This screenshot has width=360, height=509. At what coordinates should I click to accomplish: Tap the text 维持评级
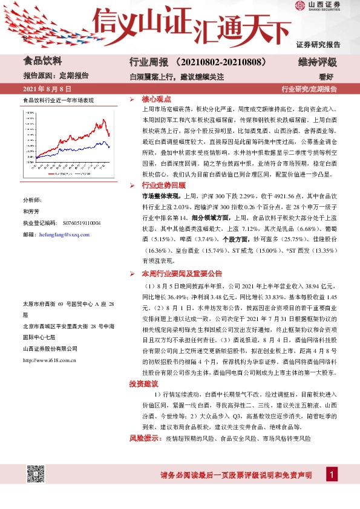click(x=317, y=62)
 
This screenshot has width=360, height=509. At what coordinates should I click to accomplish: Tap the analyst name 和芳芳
click(x=31, y=212)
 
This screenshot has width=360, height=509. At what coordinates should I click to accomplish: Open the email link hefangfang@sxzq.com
click(x=64, y=235)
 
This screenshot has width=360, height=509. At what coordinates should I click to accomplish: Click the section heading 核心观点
click(x=156, y=99)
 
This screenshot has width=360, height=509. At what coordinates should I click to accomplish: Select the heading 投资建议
click(x=143, y=383)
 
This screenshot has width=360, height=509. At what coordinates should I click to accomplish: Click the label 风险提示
click(x=145, y=438)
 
